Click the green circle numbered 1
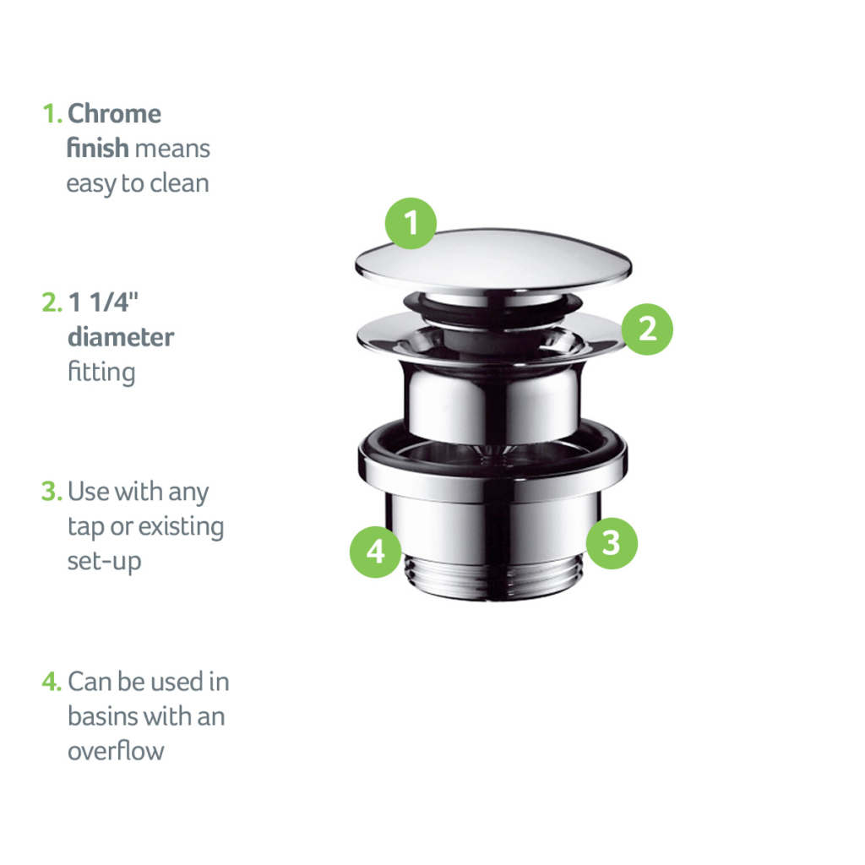411,224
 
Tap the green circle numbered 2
647,329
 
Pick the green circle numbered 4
375,552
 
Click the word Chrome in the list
114,114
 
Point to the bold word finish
98,149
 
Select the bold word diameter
121,337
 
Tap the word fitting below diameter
101,372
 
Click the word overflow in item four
116,751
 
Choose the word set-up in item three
104,561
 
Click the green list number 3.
52,492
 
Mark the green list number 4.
52,682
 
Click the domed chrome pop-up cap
493,257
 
